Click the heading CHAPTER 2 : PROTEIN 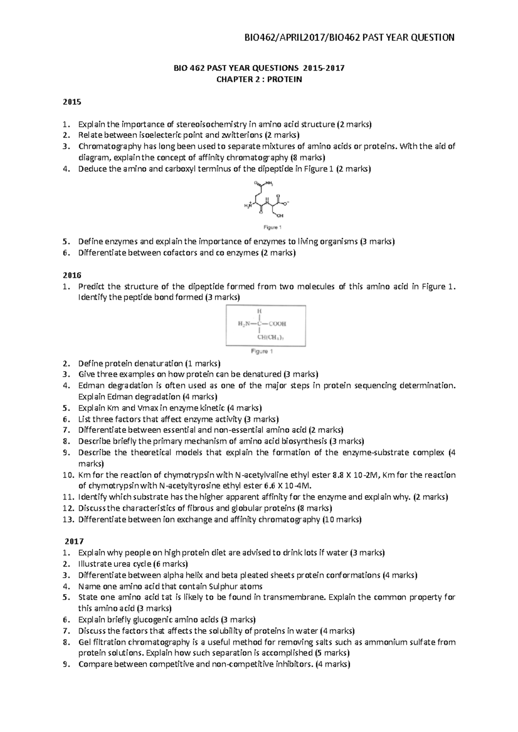259,79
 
